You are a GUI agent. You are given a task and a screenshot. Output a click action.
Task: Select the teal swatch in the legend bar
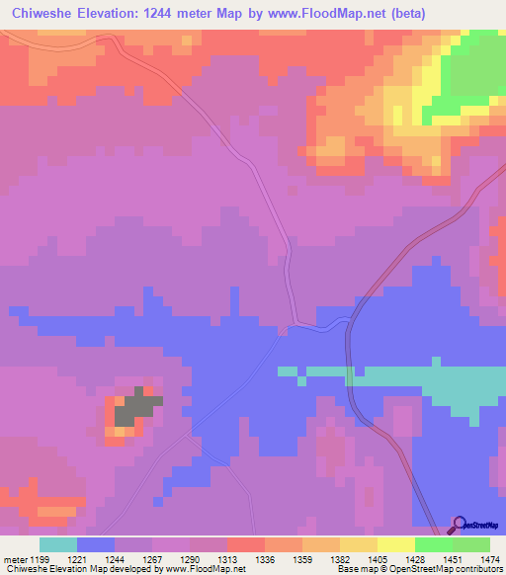(58, 544)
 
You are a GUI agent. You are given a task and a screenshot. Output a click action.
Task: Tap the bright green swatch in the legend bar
(434, 544)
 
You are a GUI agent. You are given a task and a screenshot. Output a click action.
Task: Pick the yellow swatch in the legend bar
(396, 544)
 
